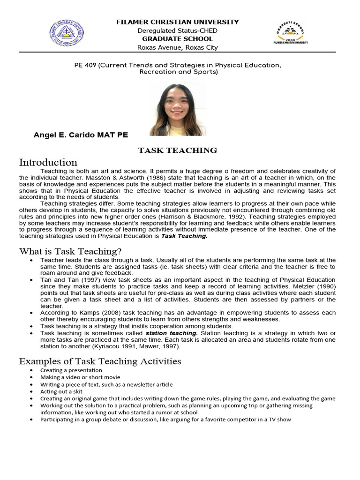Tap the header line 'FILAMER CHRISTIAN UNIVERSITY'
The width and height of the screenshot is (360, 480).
(x=177, y=22)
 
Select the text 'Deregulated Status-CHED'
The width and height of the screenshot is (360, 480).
(x=177, y=30)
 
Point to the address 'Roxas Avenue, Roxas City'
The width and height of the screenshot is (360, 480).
(x=177, y=47)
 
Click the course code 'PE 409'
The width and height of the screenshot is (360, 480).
(x=85, y=65)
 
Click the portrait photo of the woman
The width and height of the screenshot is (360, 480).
(x=178, y=109)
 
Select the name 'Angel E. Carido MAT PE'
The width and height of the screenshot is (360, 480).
(x=81, y=135)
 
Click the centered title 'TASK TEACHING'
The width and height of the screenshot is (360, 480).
(x=177, y=150)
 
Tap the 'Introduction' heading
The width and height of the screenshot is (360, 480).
(x=48, y=163)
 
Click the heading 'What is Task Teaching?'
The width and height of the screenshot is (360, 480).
(x=70, y=251)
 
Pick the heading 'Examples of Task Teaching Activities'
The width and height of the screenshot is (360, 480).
(x=100, y=361)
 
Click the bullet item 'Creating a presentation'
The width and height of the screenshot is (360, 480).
(x=71, y=370)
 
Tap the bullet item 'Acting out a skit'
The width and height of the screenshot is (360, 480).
(x=62, y=391)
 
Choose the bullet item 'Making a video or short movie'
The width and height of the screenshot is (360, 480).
(x=80, y=377)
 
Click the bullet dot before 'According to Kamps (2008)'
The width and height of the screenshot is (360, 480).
(x=31, y=313)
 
